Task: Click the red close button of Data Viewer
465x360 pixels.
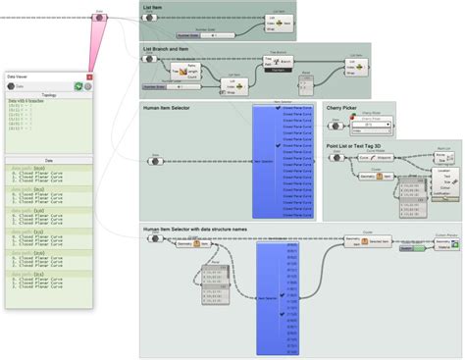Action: coord(89,75)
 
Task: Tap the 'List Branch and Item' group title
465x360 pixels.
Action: coord(166,48)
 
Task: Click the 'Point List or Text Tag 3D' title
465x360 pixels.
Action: coord(364,144)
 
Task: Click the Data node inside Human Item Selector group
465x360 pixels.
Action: coord(155,160)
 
